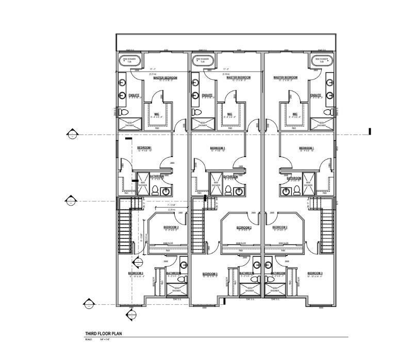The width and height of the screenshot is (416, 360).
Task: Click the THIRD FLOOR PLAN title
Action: pyautogui.click(x=103, y=334)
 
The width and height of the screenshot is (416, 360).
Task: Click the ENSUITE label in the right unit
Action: pyautogui.click(x=316, y=95)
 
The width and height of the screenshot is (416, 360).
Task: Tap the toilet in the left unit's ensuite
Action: pyautogui.click(x=122, y=112)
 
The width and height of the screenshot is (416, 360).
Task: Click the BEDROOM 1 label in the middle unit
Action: pyautogui.click(x=221, y=148)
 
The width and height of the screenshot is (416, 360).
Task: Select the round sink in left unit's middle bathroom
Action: pyautogui.click(x=165, y=192)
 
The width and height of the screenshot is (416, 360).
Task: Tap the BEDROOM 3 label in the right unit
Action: pyautogui.click(x=314, y=273)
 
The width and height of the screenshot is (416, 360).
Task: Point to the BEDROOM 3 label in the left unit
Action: pyautogui.click(x=136, y=273)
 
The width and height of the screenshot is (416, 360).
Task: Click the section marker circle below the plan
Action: pyautogui.click(x=131, y=315)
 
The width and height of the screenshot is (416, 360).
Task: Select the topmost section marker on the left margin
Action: pyautogui.click(x=73, y=135)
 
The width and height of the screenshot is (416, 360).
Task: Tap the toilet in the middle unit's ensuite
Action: pyautogui.click(x=196, y=112)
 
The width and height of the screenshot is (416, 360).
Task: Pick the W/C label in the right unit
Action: pyautogui.click(x=295, y=114)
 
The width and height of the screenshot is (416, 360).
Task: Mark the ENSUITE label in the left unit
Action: pyautogui.click(x=134, y=95)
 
